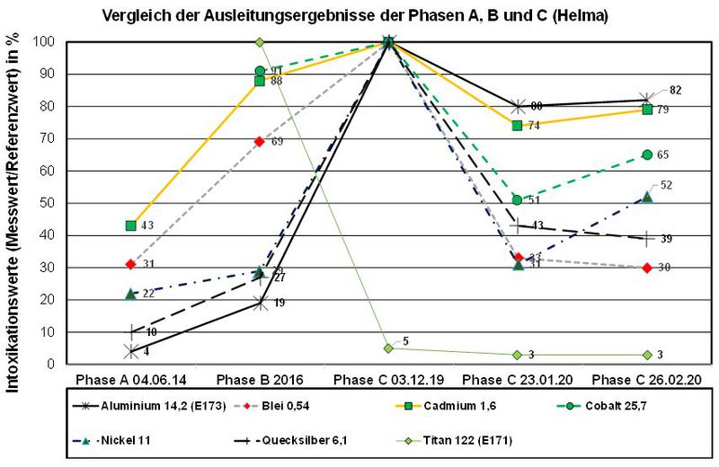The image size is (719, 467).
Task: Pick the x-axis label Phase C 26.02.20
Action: pyautogui.click(x=646, y=379)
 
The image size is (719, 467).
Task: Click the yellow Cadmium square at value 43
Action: pyautogui.click(x=130, y=225)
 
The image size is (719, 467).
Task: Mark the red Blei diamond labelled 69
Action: pyautogui.click(x=260, y=141)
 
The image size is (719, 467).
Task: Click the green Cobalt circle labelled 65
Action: pyautogui.click(x=647, y=154)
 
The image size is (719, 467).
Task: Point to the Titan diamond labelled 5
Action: pyautogui.click(x=388, y=348)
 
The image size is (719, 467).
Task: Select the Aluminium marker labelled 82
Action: pyautogui.click(x=647, y=99)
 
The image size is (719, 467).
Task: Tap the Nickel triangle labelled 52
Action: pyautogui.click(x=647, y=197)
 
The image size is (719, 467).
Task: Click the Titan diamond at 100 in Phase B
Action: pyautogui.click(x=260, y=42)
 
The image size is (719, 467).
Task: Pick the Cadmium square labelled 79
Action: pyautogui.click(x=647, y=110)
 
